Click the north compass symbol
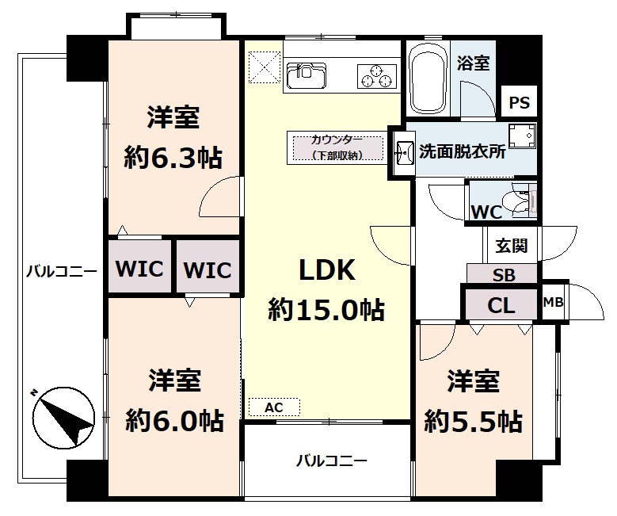tap(63, 418)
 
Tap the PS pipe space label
tap(520, 102)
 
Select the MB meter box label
tap(554, 302)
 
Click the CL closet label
tap(501, 305)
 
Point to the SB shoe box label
tap(504, 274)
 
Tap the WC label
tap(487, 212)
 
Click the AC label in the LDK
tap(274, 407)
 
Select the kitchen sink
tap(307, 75)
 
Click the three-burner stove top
tap(376, 75)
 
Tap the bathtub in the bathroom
tap(428, 78)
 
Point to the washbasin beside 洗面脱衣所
tap(404, 152)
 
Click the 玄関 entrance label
tap(511, 246)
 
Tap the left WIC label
tap(139, 268)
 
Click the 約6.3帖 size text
tap(173, 157)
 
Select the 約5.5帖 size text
tap(473, 422)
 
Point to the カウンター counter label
tap(337, 140)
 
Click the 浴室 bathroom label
tap(474, 63)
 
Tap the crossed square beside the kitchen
tap(264, 67)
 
